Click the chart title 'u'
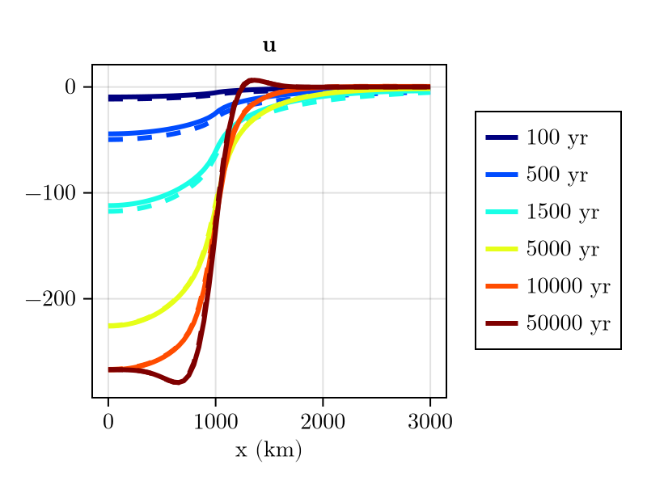pyautogui.click(x=269, y=47)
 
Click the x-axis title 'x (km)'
pyautogui.click(x=269, y=450)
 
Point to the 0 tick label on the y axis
pyautogui.click(x=70, y=87)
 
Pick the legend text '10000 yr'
pyautogui.click(x=568, y=286)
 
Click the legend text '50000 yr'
pyautogui.click(x=568, y=323)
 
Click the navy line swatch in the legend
pyautogui.click(x=501, y=138)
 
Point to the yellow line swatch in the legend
pyautogui.click(x=501, y=249)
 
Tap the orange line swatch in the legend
pyautogui.click(x=501, y=286)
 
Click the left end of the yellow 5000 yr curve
pyautogui.click(x=109, y=326)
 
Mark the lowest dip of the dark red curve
pyautogui.click(x=176, y=382)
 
